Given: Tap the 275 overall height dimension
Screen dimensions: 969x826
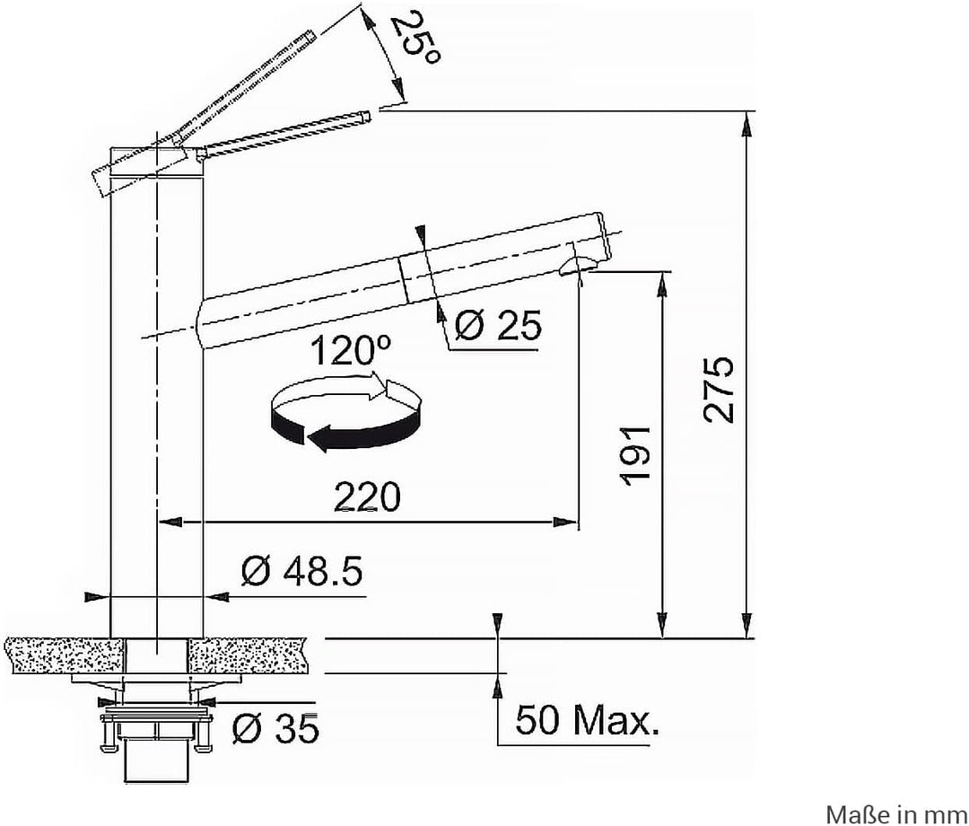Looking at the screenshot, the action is (x=719, y=390).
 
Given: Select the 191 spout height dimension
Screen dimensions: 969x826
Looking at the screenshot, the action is (x=636, y=454).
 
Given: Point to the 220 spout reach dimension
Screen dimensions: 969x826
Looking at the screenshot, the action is (x=367, y=496).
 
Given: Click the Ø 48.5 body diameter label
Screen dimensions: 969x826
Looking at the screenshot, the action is (x=301, y=571).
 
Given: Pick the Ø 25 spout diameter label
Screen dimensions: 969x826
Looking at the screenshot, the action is (x=497, y=325).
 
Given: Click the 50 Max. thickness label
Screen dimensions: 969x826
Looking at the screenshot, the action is (x=587, y=719).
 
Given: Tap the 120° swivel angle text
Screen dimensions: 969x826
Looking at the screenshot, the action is (x=350, y=352).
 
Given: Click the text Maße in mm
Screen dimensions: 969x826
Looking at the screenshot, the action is (x=896, y=813).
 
